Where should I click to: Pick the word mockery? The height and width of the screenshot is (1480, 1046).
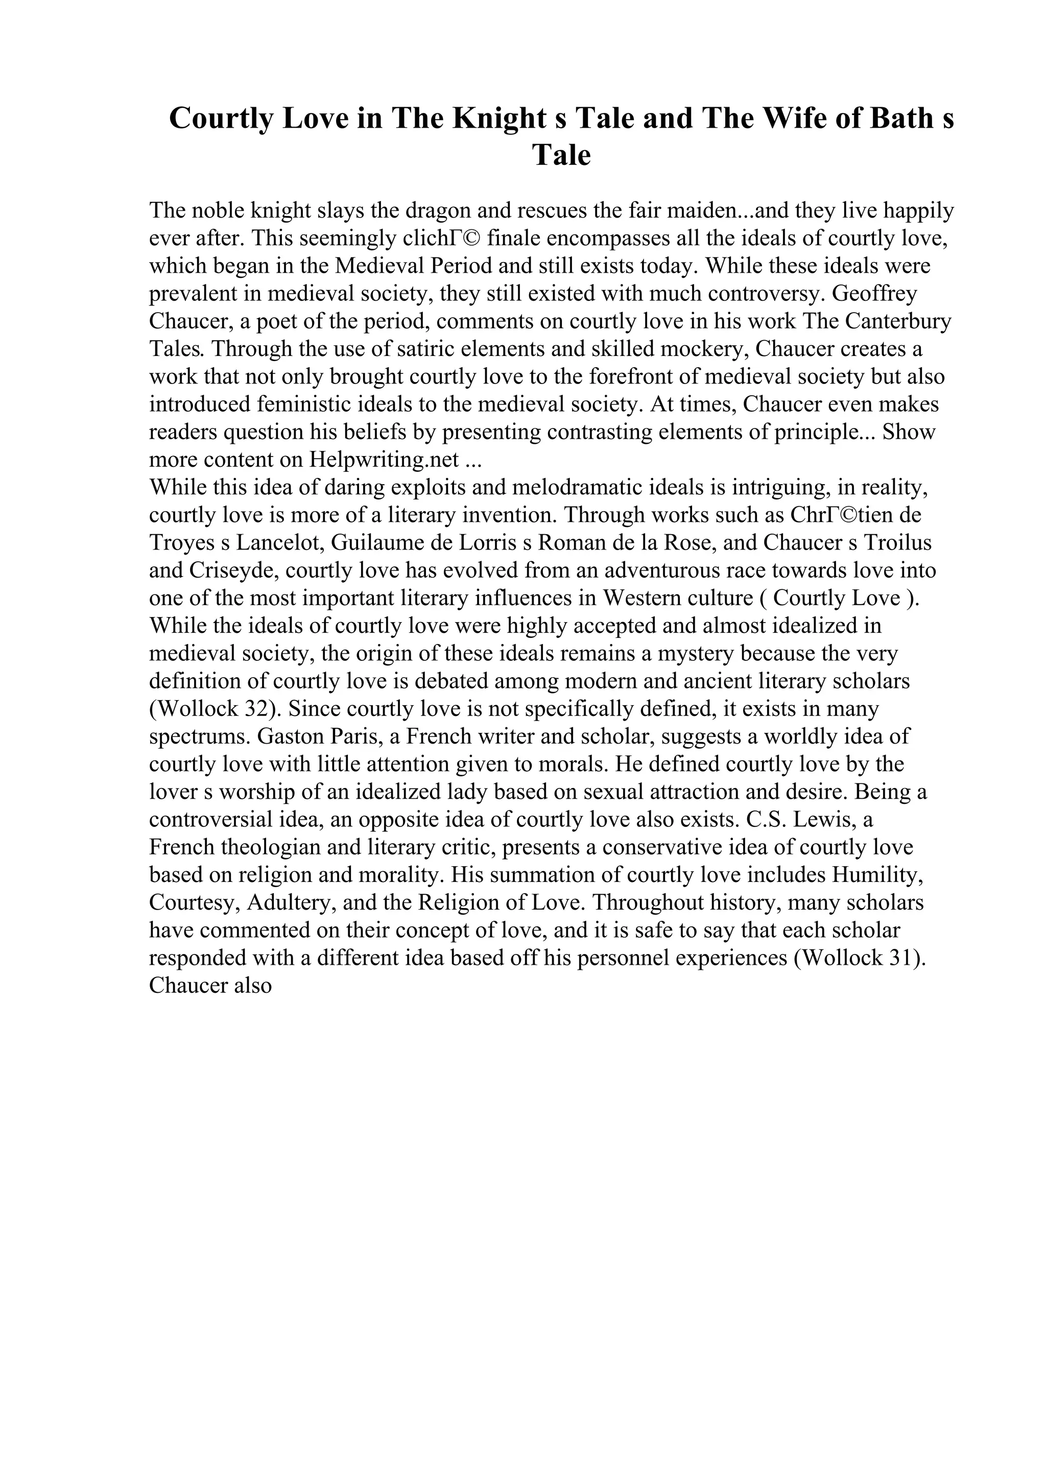coord(705,349)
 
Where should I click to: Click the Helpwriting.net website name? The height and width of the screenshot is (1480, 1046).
coord(384,460)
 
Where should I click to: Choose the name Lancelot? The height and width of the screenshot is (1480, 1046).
coord(279,543)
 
